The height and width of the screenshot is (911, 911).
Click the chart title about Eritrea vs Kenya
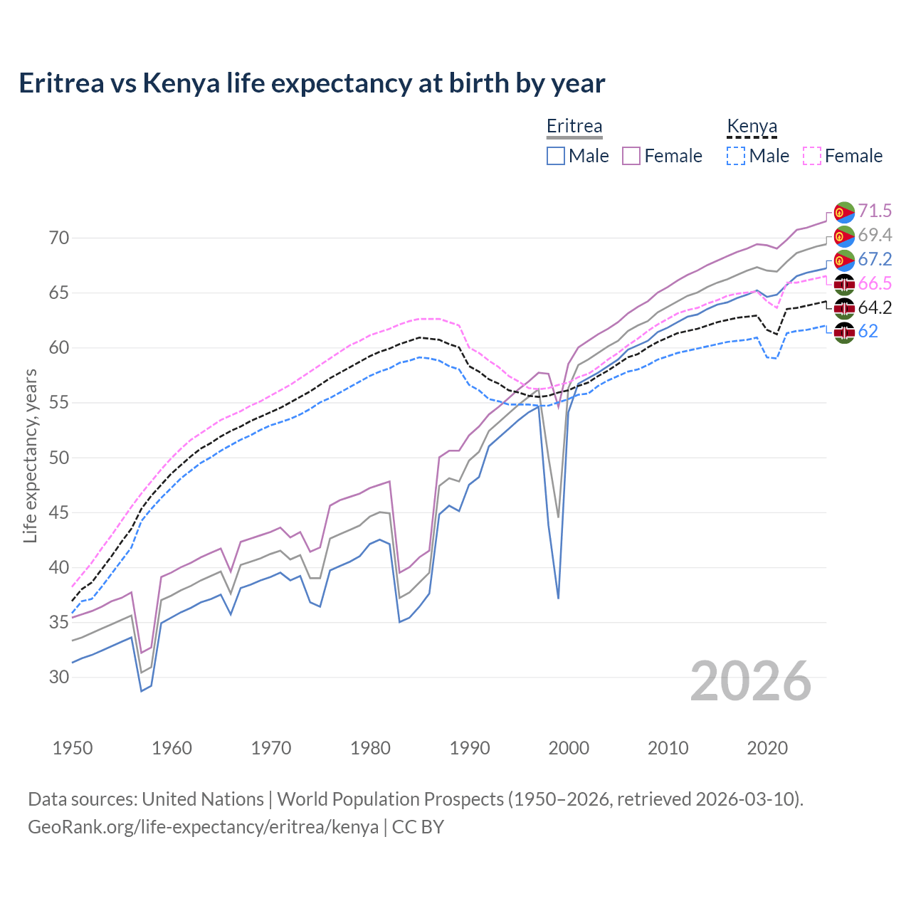point(312,83)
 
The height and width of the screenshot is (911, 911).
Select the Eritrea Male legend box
point(556,156)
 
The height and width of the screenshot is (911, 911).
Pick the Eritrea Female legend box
point(631,156)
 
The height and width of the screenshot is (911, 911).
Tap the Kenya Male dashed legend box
point(736,156)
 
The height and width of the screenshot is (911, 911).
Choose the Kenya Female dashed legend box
point(811,156)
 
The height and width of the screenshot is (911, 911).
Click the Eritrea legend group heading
point(574,127)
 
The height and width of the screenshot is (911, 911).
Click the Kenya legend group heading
point(752,127)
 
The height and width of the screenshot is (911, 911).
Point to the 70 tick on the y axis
point(59,238)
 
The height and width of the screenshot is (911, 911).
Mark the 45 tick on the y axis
point(59,512)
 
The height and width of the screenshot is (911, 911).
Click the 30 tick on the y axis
point(59,677)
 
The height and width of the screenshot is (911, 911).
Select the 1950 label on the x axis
point(73,748)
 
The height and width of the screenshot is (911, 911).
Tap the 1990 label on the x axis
point(470,748)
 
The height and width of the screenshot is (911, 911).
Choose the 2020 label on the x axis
point(767,748)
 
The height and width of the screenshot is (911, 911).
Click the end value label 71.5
point(875,211)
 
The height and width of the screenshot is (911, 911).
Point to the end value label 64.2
point(875,307)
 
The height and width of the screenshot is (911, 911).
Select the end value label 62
point(868,332)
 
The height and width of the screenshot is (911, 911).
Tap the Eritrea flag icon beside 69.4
point(844,236)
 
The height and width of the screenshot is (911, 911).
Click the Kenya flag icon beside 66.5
point(844,284)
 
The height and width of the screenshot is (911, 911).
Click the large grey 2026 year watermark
point(751,681)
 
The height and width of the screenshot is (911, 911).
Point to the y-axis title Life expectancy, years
point(30,455)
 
